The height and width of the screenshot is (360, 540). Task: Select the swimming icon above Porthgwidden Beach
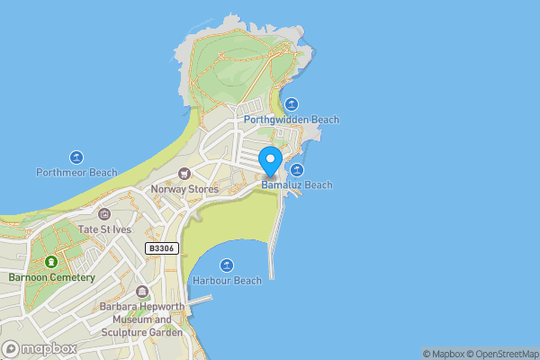[x=291, y=103]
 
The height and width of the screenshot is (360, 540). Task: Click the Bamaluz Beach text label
[x=297, y=185]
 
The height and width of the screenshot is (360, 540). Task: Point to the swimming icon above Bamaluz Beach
[x=296, y=170]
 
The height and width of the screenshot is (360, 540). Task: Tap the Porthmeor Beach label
[x=76, y=172]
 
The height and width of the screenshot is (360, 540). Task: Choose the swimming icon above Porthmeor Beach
[x=76, y=157]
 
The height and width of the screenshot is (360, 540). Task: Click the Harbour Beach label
[x=227, y=281]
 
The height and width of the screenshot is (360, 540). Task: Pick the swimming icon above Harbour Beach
[x=227, y=265]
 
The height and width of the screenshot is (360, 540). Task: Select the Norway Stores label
[x=184, y=189]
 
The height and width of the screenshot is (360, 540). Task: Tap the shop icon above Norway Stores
[x=184, y=174]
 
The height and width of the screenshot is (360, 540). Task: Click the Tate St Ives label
[x=104, y=229]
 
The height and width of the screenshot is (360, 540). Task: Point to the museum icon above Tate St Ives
[x=104, y=214]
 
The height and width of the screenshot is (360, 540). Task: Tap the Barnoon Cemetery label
[x=51, y=277]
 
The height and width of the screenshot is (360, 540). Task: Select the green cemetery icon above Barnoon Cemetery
[x=51, y=262]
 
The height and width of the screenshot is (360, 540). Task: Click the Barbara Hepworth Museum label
[x=142, y=319]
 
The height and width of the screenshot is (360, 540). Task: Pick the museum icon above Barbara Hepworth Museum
[x=142, y=292]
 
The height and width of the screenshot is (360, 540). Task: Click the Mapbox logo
[x=40, y=349]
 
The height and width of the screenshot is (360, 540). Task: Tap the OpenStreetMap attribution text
[x=507, y=354]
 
